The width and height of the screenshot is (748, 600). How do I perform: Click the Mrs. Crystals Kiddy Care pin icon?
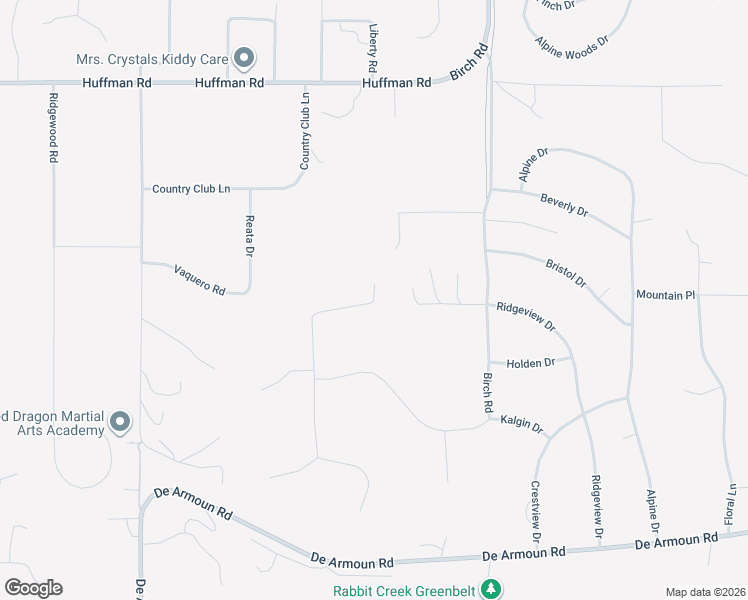coord(243,58)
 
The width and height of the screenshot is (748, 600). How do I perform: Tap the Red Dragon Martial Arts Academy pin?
coord(120,422)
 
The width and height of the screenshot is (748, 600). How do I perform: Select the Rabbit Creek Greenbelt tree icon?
coord(490,589)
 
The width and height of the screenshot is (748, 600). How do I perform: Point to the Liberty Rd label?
coord(372,47)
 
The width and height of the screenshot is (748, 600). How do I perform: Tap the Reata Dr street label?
coord(250,238)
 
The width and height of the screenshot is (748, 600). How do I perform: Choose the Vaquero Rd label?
coord(200,279)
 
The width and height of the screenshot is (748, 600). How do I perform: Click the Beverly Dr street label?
coord(564,205)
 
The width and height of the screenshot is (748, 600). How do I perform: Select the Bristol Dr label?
coord(567,273)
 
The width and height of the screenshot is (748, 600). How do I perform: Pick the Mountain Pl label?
coord(665,295)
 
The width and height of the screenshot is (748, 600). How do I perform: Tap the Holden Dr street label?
coord(530,362)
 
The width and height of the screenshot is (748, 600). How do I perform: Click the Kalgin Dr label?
coord(521,424)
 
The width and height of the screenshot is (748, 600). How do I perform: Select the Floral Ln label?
coord(731,503)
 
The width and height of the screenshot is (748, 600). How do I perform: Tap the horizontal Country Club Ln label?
coord(191,188)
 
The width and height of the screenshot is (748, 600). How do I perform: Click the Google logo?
coord(33,587)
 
